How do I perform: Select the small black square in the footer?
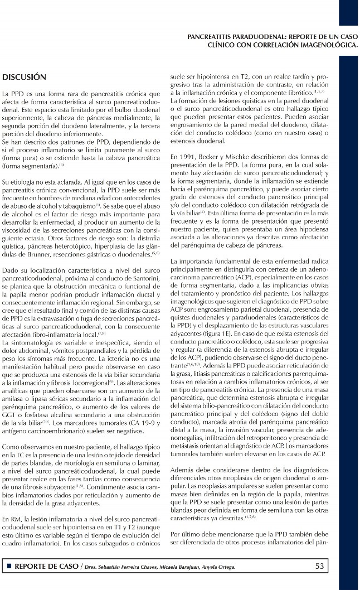pyautogui.click(x=8, y=567)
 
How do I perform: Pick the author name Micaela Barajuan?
pyautogui.click(x=175, y=568)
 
